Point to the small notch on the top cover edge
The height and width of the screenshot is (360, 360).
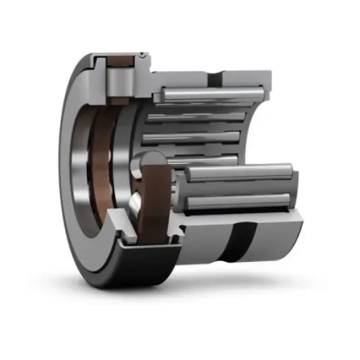tap(144, 54)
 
